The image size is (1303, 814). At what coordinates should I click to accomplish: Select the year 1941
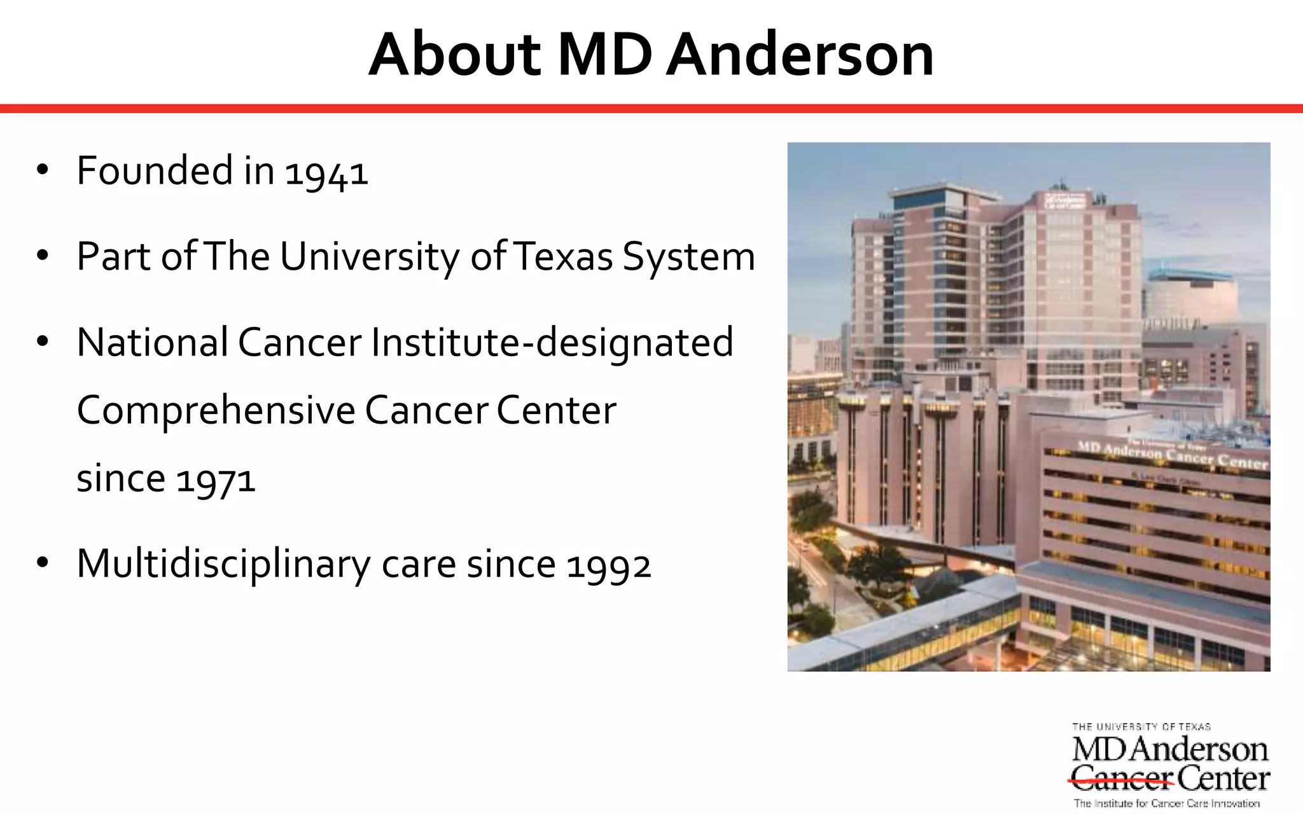coord(326,172)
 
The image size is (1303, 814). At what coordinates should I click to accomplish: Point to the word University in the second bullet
coord(369,257)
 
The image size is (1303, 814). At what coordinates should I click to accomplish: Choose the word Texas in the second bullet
coord(562,257)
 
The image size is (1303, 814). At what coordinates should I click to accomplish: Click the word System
coord(689,257)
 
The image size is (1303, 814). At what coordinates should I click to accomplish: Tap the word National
coord(152,342)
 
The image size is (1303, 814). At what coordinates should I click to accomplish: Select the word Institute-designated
coord(552,343)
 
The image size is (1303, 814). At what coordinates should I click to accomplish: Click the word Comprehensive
coord(216,410)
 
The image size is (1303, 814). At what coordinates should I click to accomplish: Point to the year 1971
coord(216,479)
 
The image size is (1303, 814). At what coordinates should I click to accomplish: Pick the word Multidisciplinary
coord(223,564)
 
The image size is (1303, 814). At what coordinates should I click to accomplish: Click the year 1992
coord(609,565)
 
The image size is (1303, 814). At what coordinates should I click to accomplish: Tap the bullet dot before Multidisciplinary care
coord(43,563)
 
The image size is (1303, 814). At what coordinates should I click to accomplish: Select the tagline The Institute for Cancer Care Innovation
coord(1166,803)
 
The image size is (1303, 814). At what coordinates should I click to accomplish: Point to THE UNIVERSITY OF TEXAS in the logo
coord(1141,726)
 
